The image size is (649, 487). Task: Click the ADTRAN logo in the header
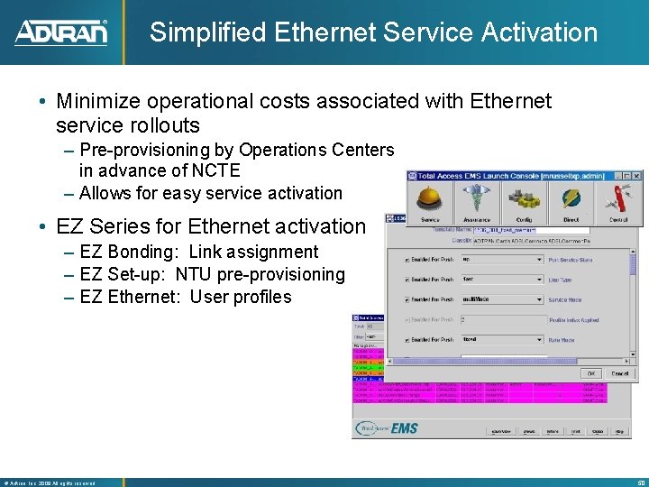tap(61, 32)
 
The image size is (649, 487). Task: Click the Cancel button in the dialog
tap(620, 372)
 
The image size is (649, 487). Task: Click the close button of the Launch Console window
tap(635, 177)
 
